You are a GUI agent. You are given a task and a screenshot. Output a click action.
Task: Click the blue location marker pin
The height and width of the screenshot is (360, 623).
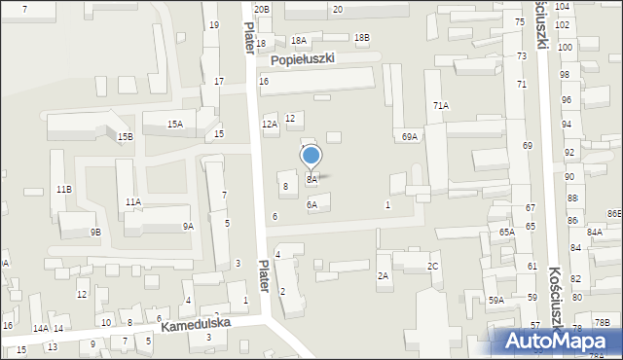pyautogui.click(x=311, y=157)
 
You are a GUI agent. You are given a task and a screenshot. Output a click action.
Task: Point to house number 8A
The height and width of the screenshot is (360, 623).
pyautogui.click(x=311, y=179)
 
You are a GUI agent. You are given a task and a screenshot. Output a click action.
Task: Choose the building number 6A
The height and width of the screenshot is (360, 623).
pyautogui.click(x=311, y=205)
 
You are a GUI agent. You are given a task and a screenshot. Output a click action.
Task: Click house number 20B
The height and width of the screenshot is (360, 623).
pyautogui.click(x=261, y=9)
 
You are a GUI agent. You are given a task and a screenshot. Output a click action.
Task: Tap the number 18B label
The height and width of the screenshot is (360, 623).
pyautogui.click(x=361, y=38)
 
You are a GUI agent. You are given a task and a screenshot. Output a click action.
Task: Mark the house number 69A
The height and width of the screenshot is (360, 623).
pyautogui.click(x=410, y=137)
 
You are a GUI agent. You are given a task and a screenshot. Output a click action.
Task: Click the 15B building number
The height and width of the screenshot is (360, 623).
pyautogui.click(x=126, y=137)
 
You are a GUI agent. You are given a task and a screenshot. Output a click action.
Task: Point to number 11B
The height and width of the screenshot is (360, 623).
pyautogui.click(x=63, y=189)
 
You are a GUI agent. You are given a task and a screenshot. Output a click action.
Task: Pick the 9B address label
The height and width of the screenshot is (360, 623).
pyautogui.click(x=95, y=232)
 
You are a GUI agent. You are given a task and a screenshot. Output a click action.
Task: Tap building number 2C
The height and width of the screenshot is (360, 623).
pyautogui.click(x=433, y=267)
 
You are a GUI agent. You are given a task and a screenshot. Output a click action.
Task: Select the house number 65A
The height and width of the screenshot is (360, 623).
pyautogui.click(x=507, y=233)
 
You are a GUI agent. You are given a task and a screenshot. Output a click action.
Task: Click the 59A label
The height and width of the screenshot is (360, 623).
pyautogui.click(x=496, y=301)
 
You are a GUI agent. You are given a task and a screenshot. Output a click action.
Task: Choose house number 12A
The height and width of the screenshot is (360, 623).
pyautogui.click(x=270, y=125)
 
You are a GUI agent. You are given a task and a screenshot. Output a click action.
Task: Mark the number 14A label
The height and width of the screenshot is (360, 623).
pyautogui.click(x=40, y=329)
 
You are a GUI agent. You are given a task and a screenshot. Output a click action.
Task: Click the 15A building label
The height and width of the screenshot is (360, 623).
pyautogui.click(x=174, y=125)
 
